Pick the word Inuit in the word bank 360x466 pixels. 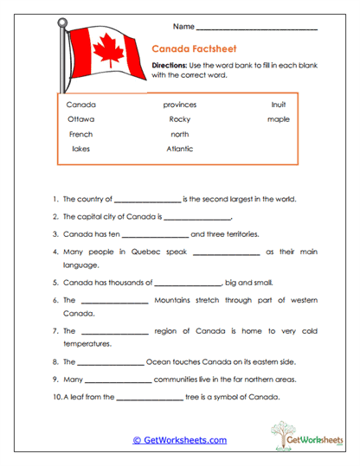coord(278,105)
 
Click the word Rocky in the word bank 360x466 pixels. coord(180,119)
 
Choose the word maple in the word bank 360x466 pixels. coord(279,119)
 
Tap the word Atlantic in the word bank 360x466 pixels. coord(180,149)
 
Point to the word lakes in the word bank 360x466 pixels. coord(80,149)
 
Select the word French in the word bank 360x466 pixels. coord(80,134)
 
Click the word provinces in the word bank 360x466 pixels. coord(180,105)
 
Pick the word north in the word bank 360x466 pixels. coord(180,134)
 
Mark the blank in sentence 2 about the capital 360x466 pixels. coord(197,217)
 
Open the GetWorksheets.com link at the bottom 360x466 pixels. coord(179,440)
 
